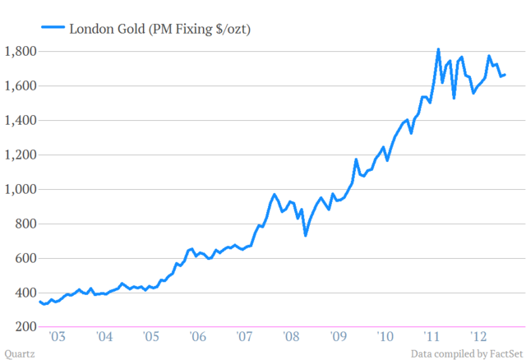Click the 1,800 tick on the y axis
21,51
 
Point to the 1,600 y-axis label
21,85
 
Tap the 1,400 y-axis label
21,120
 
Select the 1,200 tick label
21,155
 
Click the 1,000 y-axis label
21,189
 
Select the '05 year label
150,337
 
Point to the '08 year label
291,337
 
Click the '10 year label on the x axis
385,337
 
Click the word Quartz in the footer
19,353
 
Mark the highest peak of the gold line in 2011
438,49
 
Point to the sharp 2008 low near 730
306,236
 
